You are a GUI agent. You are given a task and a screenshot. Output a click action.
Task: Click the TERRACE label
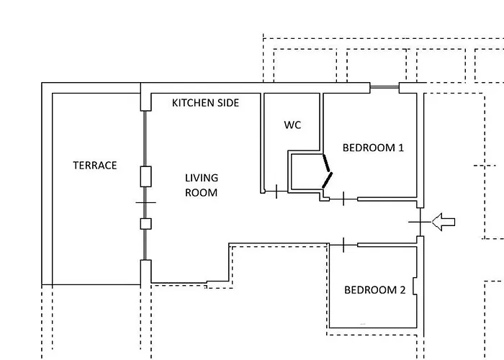[x=94, y=166]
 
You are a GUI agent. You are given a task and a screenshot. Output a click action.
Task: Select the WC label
[x=292, y=125]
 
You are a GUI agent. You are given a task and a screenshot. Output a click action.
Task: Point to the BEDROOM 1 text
[x=373, y=148]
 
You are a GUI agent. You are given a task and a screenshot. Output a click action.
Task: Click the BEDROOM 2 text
[x=374, y=290]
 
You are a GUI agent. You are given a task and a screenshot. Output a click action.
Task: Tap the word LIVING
[x=202, y=178]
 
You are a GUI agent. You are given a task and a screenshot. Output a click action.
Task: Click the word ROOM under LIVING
[x=202, y=192]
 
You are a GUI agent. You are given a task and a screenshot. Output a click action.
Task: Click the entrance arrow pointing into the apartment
[x=444, y=223]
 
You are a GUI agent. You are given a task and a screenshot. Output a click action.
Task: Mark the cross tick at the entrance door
[x=420, y=223]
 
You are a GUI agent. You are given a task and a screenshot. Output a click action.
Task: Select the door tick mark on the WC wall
[x=276, y=192]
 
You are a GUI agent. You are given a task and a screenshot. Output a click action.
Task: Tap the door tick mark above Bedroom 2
[x=343, y=246]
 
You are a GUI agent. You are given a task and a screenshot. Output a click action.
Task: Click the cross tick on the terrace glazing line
[x=145, y=204]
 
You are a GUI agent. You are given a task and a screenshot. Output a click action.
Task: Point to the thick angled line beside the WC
[x=328, y=170]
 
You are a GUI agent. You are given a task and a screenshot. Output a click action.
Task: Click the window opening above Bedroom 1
[x=384, y=88]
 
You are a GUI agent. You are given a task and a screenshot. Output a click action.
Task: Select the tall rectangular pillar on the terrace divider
[x=145, y=176]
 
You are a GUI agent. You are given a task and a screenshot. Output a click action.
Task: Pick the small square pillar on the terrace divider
[x=145, y=223]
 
